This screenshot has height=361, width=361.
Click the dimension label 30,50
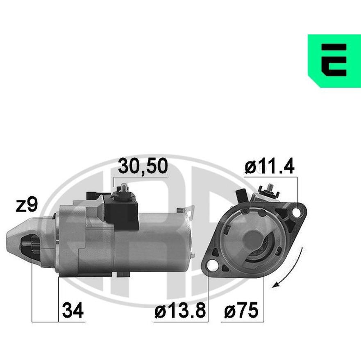tap(143, 166)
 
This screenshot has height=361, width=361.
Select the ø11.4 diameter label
tap(269, 166)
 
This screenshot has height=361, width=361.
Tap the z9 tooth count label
tap(27, 204)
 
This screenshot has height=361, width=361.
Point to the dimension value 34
tap(73, 310)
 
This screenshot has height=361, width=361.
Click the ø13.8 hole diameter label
tap(180, 310)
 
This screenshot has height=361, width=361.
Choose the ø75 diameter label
tap(241, 310)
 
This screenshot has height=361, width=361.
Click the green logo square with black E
tap(334, 61)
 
